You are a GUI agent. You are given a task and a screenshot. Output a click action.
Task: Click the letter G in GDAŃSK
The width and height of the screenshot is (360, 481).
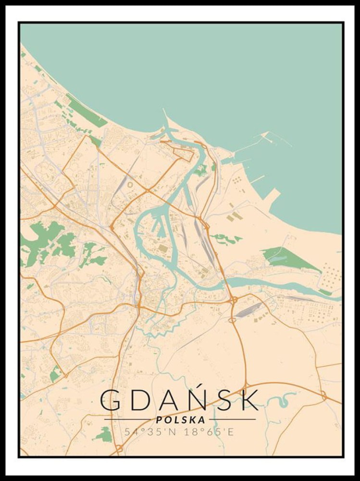tap(110, 400)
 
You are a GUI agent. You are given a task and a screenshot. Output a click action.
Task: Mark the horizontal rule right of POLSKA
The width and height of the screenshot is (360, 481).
tap(233, 419)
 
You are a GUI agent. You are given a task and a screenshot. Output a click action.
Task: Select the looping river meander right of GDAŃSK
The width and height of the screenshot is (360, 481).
tap(279, 399)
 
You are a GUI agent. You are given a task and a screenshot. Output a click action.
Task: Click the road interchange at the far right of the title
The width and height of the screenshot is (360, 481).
tap(323, 396)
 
